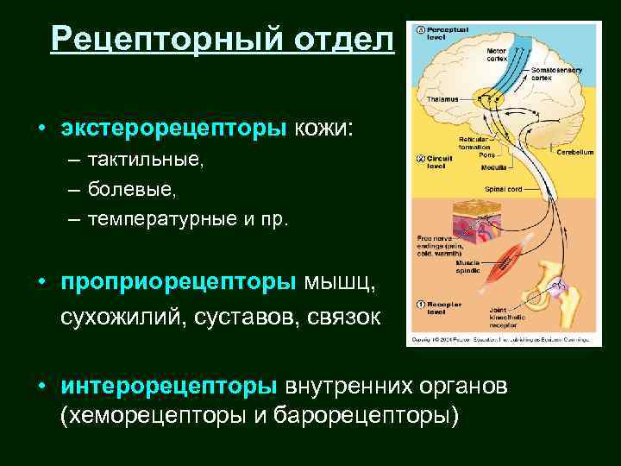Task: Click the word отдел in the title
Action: point(343,39)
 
